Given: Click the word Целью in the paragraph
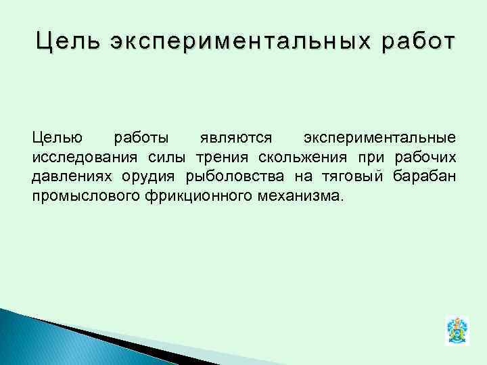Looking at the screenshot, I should coord(57,138).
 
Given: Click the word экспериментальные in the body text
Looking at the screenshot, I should coord(379,138).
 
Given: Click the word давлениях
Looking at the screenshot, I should coord(64,177).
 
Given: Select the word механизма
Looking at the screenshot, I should coord(302,197).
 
